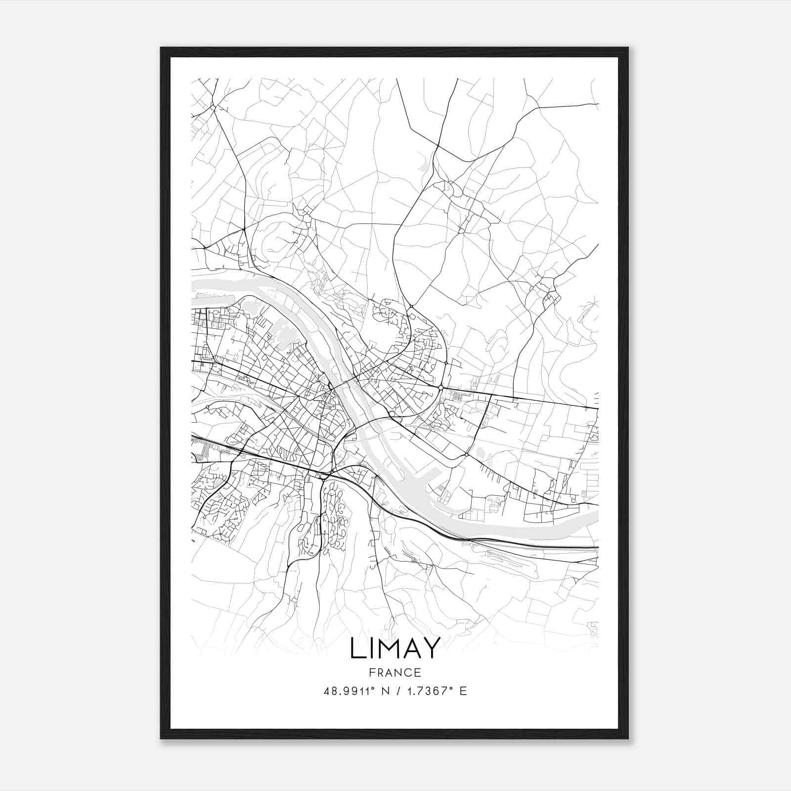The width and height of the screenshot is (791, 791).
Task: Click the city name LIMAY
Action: tap(395, 648)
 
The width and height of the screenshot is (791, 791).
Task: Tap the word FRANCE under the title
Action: tap(395, 672)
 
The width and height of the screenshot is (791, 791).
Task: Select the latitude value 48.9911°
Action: tap(352, 691)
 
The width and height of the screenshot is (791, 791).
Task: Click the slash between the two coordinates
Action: tap(398, 691)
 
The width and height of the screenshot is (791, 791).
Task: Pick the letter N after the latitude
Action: tap(386, 691)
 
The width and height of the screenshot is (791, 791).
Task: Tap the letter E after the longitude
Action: tap(463, 691)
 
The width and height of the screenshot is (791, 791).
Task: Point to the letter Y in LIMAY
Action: tap(431, 648)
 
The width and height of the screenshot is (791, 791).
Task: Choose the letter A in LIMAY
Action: tap(411, 648)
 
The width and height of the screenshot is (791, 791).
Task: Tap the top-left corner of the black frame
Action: tap(162, 48)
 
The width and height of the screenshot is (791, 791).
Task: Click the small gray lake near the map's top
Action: tap(423, 162)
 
